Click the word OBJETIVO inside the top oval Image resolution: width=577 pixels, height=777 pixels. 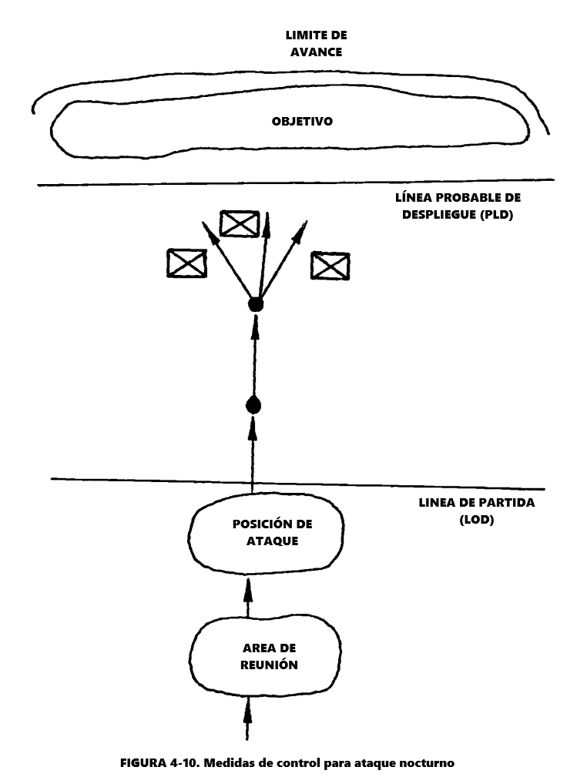point(301,122)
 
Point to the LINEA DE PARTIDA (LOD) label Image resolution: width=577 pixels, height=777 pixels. point(466,511)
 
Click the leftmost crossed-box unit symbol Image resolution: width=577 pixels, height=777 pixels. point(186,263)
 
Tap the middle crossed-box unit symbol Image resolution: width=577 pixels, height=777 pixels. point(239,223)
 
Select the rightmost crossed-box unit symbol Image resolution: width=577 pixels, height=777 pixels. point(330,266)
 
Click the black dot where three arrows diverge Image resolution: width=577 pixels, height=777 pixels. point(256,305)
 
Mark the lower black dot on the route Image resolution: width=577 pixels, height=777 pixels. point(253,405)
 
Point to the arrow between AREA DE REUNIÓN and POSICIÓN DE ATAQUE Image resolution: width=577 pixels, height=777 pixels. point(247,594)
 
